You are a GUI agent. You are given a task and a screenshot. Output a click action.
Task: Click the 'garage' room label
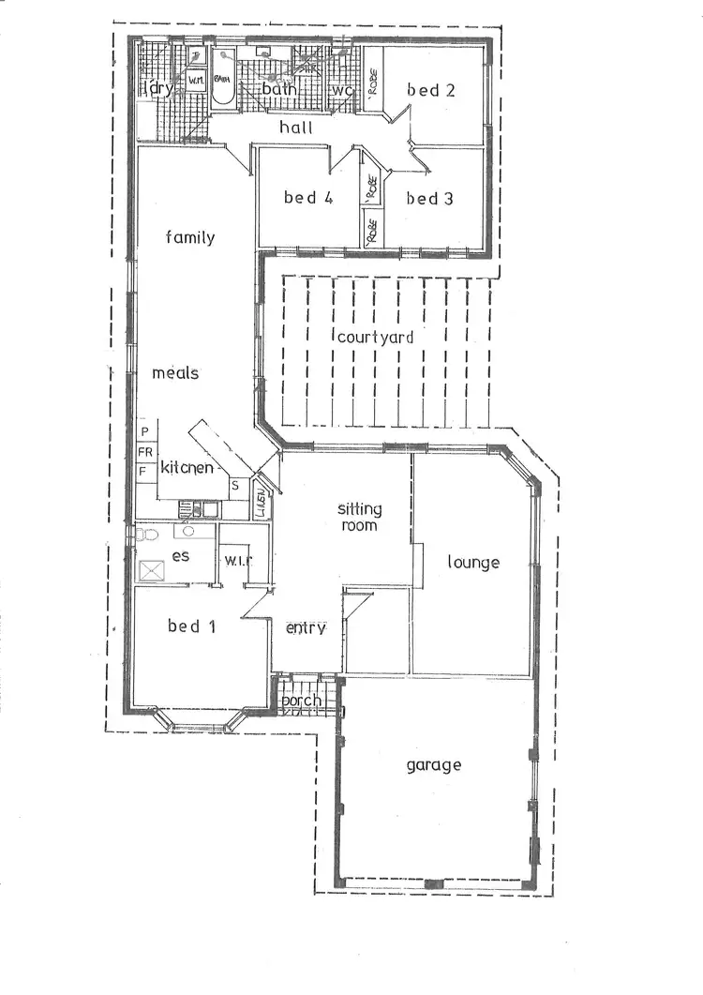point(433,764)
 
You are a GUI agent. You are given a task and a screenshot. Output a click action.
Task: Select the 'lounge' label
point(472,563)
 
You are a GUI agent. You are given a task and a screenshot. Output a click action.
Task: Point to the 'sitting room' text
point(360,517)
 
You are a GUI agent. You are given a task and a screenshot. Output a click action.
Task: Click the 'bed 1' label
point(191,626)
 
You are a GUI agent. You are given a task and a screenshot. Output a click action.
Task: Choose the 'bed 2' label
point(430,90)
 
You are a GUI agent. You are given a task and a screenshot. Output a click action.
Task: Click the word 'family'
point(190,237)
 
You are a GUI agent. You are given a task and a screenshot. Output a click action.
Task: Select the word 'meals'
point(175,372)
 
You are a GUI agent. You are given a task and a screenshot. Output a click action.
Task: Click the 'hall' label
point(296,128)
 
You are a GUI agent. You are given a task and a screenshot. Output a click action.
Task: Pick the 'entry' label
point(306,627)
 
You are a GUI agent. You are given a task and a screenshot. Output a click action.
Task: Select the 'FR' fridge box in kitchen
point(145,451)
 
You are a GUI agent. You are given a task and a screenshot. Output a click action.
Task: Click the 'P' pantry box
point(145,431)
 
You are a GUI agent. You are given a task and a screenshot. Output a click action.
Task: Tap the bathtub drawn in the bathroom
point(223,79)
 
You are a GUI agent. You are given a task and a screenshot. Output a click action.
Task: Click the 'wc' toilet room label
point(342,90)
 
